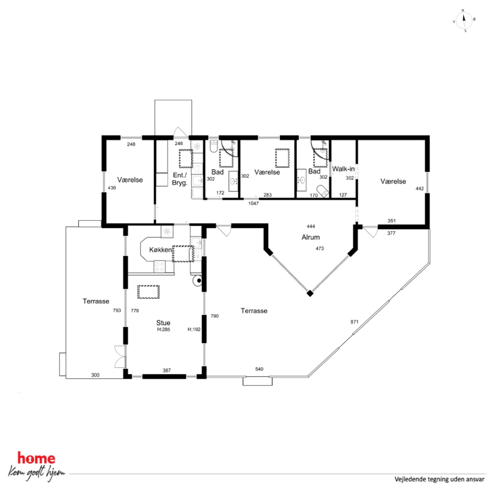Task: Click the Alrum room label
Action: (x=310, y=237)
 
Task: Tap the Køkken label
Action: (x=160, y=250)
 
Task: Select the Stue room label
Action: (x=163, y=322)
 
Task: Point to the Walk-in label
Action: (x=343, y=169)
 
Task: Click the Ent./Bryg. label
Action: (x=180, y=179)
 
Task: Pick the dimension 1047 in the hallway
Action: (x=253, y=203)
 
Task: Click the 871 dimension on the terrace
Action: (x=354, y=322)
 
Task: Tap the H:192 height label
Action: (x=194, y=329)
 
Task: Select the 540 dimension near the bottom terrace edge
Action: (x=259, y=369)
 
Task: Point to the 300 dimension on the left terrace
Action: (x=95, y=375)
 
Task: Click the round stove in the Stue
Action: (x=198, y=280)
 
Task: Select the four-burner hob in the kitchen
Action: (x=160, y=266)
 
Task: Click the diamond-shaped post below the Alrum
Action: (x=310, y=293)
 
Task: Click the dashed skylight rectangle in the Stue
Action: (x=149, y=292)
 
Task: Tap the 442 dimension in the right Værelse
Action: (x=420, y=189)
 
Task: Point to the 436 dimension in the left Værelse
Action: (x=112, y=188)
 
